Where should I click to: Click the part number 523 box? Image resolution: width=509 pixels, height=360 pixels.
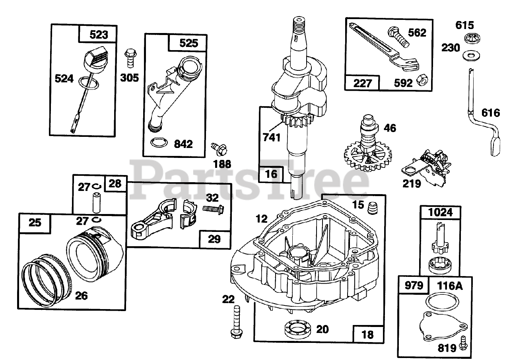pyautogui.click(x=99, y=35)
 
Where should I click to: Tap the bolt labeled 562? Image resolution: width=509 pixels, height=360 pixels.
pyautogui.click(x=397, y=36)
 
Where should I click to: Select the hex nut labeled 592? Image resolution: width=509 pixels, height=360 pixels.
pyautogui.click(x=422, y=82)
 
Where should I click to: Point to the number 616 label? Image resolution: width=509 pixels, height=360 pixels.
pyautogui.click(x=490, y=113)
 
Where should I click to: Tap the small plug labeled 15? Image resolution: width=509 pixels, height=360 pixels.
pyautogui.click(x=373, y=208)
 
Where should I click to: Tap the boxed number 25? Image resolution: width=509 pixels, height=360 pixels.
pyautogui.click(x=35, y=223)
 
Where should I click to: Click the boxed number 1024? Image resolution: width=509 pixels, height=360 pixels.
pyautogui.click(x=441, y=213)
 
